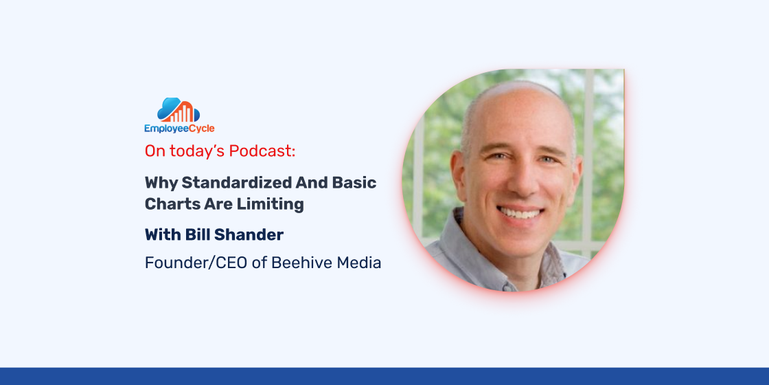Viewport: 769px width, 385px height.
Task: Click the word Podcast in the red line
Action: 262,151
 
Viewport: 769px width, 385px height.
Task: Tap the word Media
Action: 359,263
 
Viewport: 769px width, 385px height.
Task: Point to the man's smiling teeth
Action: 520,213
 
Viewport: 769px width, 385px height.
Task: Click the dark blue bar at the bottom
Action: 384,376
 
